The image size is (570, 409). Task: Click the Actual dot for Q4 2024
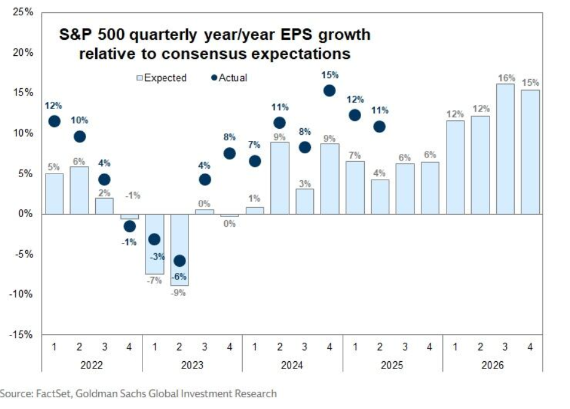pos(329,90)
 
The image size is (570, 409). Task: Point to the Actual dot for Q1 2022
pos(54,121)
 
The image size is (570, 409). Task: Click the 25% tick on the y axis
pos(22,12)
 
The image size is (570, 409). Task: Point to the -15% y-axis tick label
pos(21,335)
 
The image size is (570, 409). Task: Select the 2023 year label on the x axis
pos(192,364)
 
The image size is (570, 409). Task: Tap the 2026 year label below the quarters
pos(492,364)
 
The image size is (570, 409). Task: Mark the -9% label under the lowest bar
pos(179,292)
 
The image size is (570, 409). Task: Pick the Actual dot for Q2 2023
pos(179,261)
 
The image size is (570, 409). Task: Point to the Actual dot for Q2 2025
pos(380,126)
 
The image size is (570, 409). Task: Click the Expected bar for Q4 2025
pos(429,188)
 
